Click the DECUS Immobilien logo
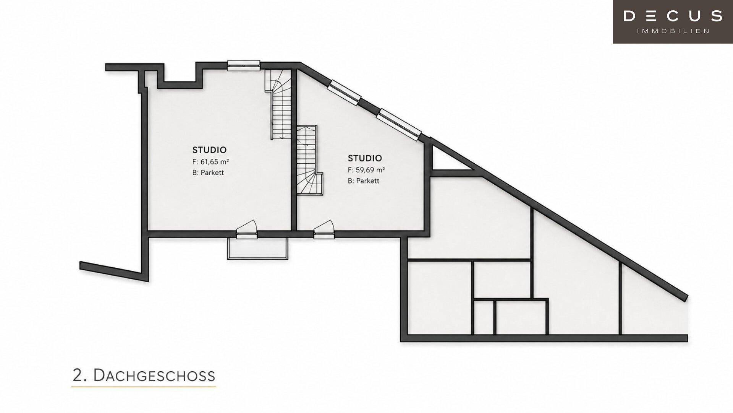click(673, 21)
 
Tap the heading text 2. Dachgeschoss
click(144, 376)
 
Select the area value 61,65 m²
click(215, 162)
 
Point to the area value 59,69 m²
click(370, 170)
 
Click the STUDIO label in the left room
click(209, 150)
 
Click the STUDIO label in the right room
click(365, 158)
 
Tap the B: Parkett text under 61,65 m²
click(208, 172)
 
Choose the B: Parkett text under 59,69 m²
click(364, 180)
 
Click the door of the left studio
click(247, 229)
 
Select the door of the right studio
click(324, 229)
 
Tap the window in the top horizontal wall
click(244, 65)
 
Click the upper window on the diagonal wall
click(345, 92)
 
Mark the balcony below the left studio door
click(257, 249)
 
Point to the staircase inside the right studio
click(309, 160)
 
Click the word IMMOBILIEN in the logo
click(673, 31)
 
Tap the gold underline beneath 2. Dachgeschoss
click(144, 387)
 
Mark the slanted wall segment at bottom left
click(114, 271)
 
